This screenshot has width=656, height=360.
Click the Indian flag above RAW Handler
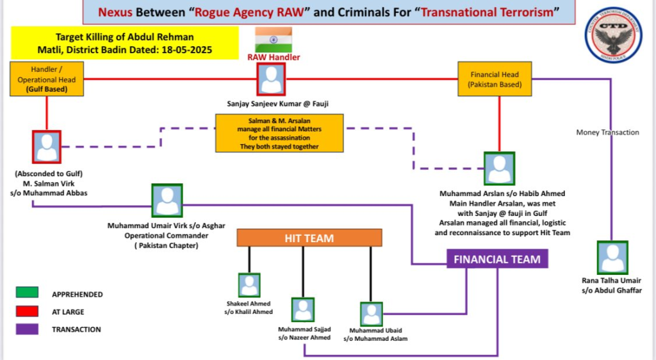pos(274,40)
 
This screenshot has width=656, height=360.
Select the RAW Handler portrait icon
pos(272,79)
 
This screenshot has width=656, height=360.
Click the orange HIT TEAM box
pos(309,238)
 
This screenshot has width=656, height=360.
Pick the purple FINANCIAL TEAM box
pos(497,259)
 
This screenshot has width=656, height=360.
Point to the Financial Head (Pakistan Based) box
pos(494,79)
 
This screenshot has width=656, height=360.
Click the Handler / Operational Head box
pos(47,79)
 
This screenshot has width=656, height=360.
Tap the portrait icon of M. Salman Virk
pos(47,147)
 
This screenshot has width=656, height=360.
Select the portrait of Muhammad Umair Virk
pos(167,200)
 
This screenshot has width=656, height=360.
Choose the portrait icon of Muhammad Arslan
pos(500,168)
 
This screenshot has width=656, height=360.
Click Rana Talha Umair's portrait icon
pos(612,257)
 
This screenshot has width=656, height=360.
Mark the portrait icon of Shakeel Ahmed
pos(249,285)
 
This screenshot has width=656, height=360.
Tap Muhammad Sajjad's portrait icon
pos(303,310)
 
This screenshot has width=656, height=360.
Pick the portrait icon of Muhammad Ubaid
pos(371,314)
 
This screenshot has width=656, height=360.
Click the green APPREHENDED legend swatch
pos(28,293)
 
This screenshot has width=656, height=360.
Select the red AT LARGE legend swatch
pos(28,311)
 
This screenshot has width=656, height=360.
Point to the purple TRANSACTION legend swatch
pos(28,329)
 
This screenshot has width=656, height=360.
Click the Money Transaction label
pos(607,133)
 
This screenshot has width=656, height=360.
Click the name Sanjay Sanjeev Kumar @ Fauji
pos(272,102)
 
